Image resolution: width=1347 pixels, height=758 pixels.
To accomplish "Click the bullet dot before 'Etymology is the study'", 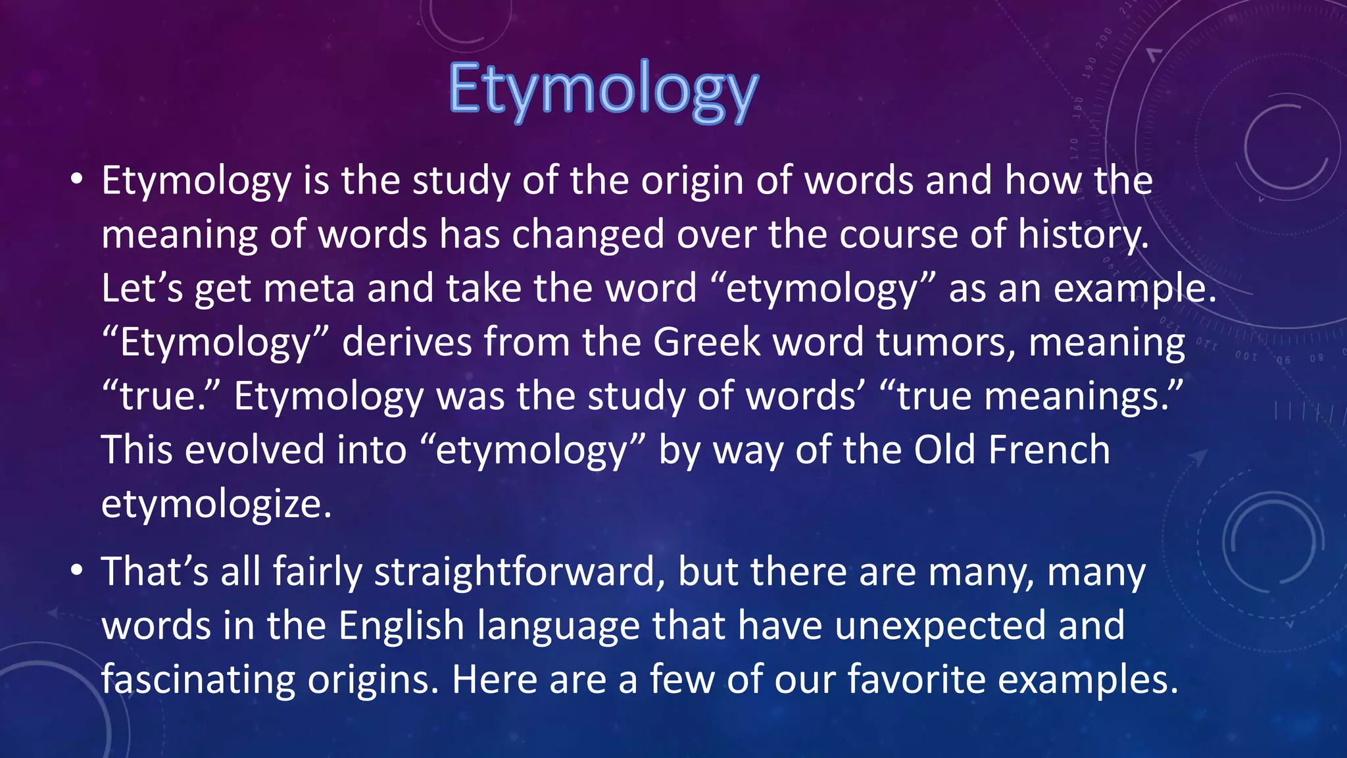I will pyautogui.click(x=78, y=179).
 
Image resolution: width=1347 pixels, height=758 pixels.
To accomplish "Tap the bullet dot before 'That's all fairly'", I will pyautogui.click(x=78, y=570).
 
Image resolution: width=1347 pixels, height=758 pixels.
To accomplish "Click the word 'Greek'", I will pyautogui.click(x=706, y=343).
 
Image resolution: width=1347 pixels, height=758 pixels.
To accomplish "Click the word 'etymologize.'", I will pyautogui.click(x=216, y=505).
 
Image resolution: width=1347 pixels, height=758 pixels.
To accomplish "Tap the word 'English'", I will pyautogui.click(x=401, y=625).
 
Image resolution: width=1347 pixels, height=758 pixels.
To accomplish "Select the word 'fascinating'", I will pyautogui.click(x=198, y=679).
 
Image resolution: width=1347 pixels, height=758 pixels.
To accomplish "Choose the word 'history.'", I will pyautogui.click(x=1083, y=235).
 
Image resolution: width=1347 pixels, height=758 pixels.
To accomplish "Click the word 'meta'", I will pyautogui.click(x=309, y=289).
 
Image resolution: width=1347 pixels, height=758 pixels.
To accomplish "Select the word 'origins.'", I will pyautogui.click(x=373, y=679).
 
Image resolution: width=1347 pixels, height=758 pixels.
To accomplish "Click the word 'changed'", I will pyautogui.click(x=588, y=235).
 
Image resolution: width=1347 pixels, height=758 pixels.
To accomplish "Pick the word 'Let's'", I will pyautogui.click(x=142, y=289).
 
